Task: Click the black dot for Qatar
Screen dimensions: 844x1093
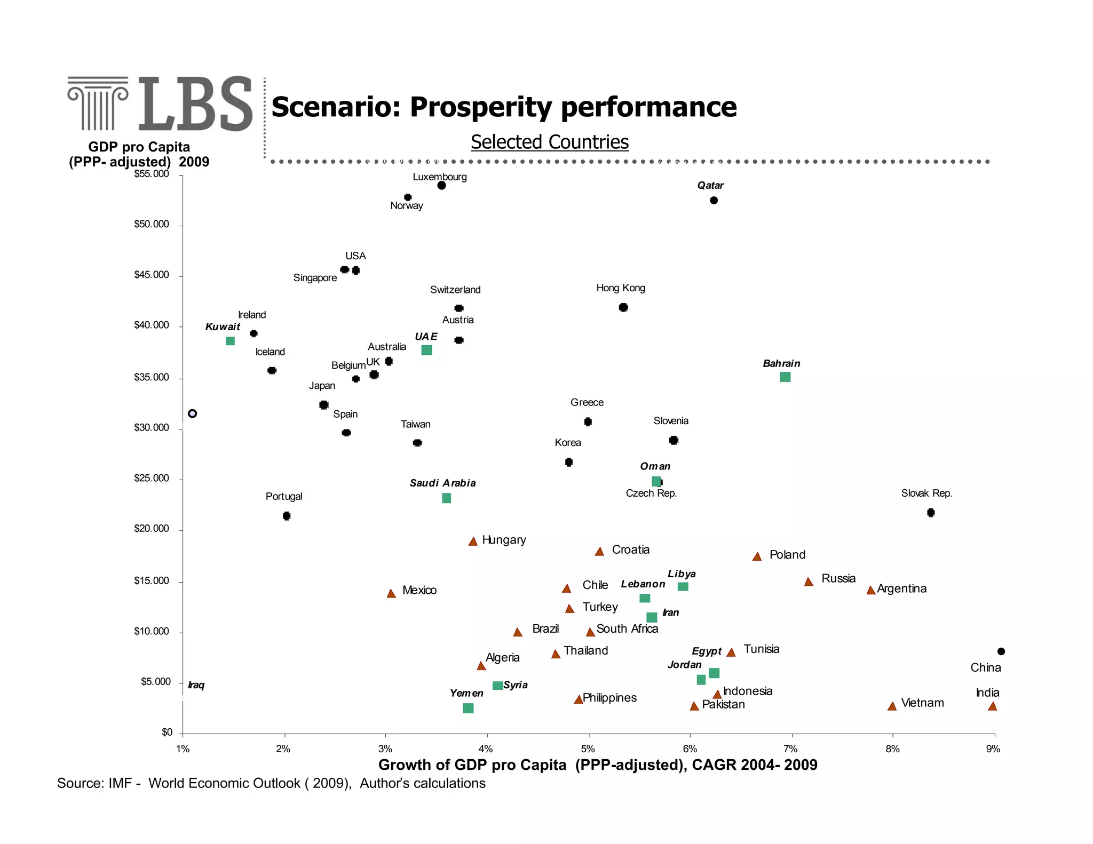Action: point(714,201)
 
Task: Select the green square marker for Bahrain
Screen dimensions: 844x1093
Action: point(785,377)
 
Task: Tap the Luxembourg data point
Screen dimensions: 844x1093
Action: point(441,186)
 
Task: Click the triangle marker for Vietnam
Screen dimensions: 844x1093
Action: point(892,706)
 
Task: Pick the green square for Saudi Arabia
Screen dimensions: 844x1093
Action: point(447,498)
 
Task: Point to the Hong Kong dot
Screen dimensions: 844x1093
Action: point(623,307)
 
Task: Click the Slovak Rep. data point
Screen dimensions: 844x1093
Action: point(931,513)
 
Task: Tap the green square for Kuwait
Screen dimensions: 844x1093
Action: point(230,341)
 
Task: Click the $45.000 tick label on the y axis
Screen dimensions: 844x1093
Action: point(151,275)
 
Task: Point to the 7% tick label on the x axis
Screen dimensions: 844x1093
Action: point(790,749)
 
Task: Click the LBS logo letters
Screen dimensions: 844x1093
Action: point(195,104)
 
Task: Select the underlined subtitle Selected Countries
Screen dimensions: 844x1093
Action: point(549,142)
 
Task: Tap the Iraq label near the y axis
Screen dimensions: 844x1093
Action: point(196,685)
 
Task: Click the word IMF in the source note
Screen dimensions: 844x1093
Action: point(120,783)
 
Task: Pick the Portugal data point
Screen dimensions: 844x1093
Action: point(287,516)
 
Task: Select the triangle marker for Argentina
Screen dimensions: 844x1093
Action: point(871,590)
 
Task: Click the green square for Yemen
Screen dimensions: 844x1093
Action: point(468,708)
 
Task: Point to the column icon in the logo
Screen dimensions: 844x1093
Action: point(98,103)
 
